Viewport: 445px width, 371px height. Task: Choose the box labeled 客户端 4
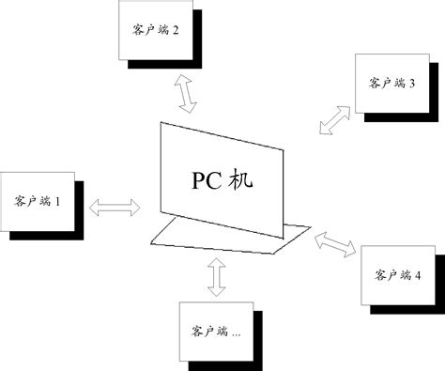pos(397,274)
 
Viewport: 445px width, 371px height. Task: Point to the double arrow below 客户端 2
pos(186,95)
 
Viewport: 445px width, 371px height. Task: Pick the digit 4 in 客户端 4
pos(419,274)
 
